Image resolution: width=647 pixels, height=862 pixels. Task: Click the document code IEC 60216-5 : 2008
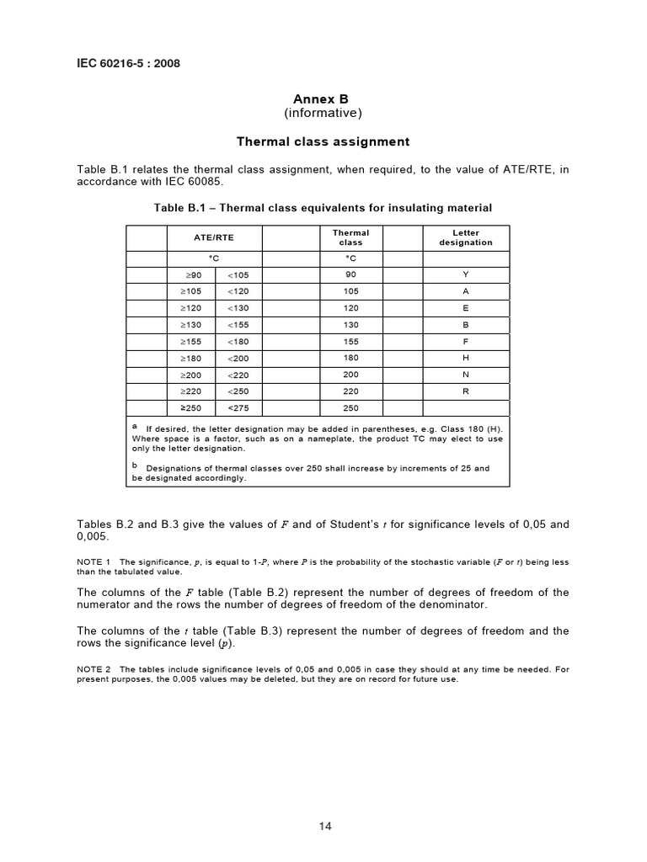(127, 63)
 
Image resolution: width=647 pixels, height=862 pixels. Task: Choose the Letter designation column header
(465, 237)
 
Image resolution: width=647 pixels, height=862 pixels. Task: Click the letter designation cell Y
(465, 274)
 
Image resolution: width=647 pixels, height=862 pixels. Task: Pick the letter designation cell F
(465, 342)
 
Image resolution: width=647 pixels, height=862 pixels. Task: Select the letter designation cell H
(465, 358)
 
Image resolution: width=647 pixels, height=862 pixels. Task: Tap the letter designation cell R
(465, 391)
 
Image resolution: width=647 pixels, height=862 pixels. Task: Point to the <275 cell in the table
(238, 408)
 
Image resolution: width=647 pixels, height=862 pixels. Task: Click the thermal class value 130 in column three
(351, 324)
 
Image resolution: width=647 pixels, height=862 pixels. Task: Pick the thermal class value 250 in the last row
(351, 408)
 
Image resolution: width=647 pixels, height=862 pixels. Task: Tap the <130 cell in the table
(238, 308)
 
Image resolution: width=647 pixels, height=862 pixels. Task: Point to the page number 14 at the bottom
(325, 827)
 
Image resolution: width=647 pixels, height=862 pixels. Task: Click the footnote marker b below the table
(135, 463)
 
